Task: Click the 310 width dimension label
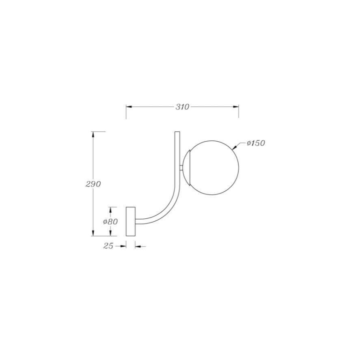coord(182,107)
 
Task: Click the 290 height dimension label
coord(93,184)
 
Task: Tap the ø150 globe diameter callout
coord(256,143)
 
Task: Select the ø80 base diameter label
coord(110,222)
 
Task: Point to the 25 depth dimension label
coord(108,246)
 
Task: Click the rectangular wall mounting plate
coord(131,221)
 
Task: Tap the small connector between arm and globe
coord(181,168)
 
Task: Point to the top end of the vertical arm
coord(177,132)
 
